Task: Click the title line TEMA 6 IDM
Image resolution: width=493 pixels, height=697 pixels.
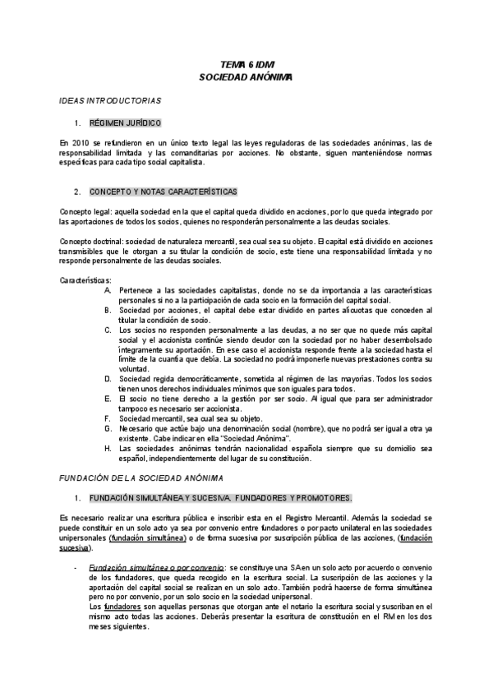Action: point(246,63)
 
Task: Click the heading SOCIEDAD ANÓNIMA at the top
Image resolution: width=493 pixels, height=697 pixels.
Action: point(246,76)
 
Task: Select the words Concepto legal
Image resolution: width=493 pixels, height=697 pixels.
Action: point(85,211)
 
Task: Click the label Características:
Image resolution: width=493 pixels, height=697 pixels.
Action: point(86,280)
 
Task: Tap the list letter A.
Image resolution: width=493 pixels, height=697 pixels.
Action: point(108,290)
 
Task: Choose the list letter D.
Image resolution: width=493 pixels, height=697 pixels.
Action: point(108,379)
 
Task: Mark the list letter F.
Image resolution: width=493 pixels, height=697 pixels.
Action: point(108,418)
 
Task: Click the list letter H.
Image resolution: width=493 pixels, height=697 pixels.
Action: point(108,449)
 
